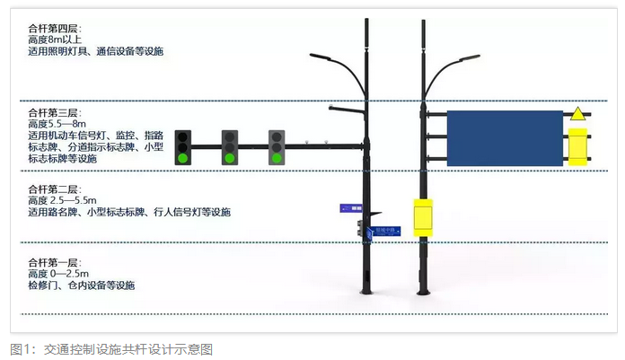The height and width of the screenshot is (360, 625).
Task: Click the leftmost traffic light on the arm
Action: coord(184,144)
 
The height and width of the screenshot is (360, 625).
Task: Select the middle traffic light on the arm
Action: coord(230,146)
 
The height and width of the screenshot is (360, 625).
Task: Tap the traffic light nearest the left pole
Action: coord(277,146)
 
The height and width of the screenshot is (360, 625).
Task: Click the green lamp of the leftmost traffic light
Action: coord(184,158)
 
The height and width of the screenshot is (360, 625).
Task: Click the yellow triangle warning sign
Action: coord(577,115)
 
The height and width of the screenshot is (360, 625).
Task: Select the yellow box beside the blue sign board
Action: coord(577,146)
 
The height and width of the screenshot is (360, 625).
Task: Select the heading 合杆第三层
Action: coord(55,113)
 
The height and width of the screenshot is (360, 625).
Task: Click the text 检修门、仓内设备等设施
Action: coord(81,285)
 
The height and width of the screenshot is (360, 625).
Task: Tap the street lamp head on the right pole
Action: coord(465,59)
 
